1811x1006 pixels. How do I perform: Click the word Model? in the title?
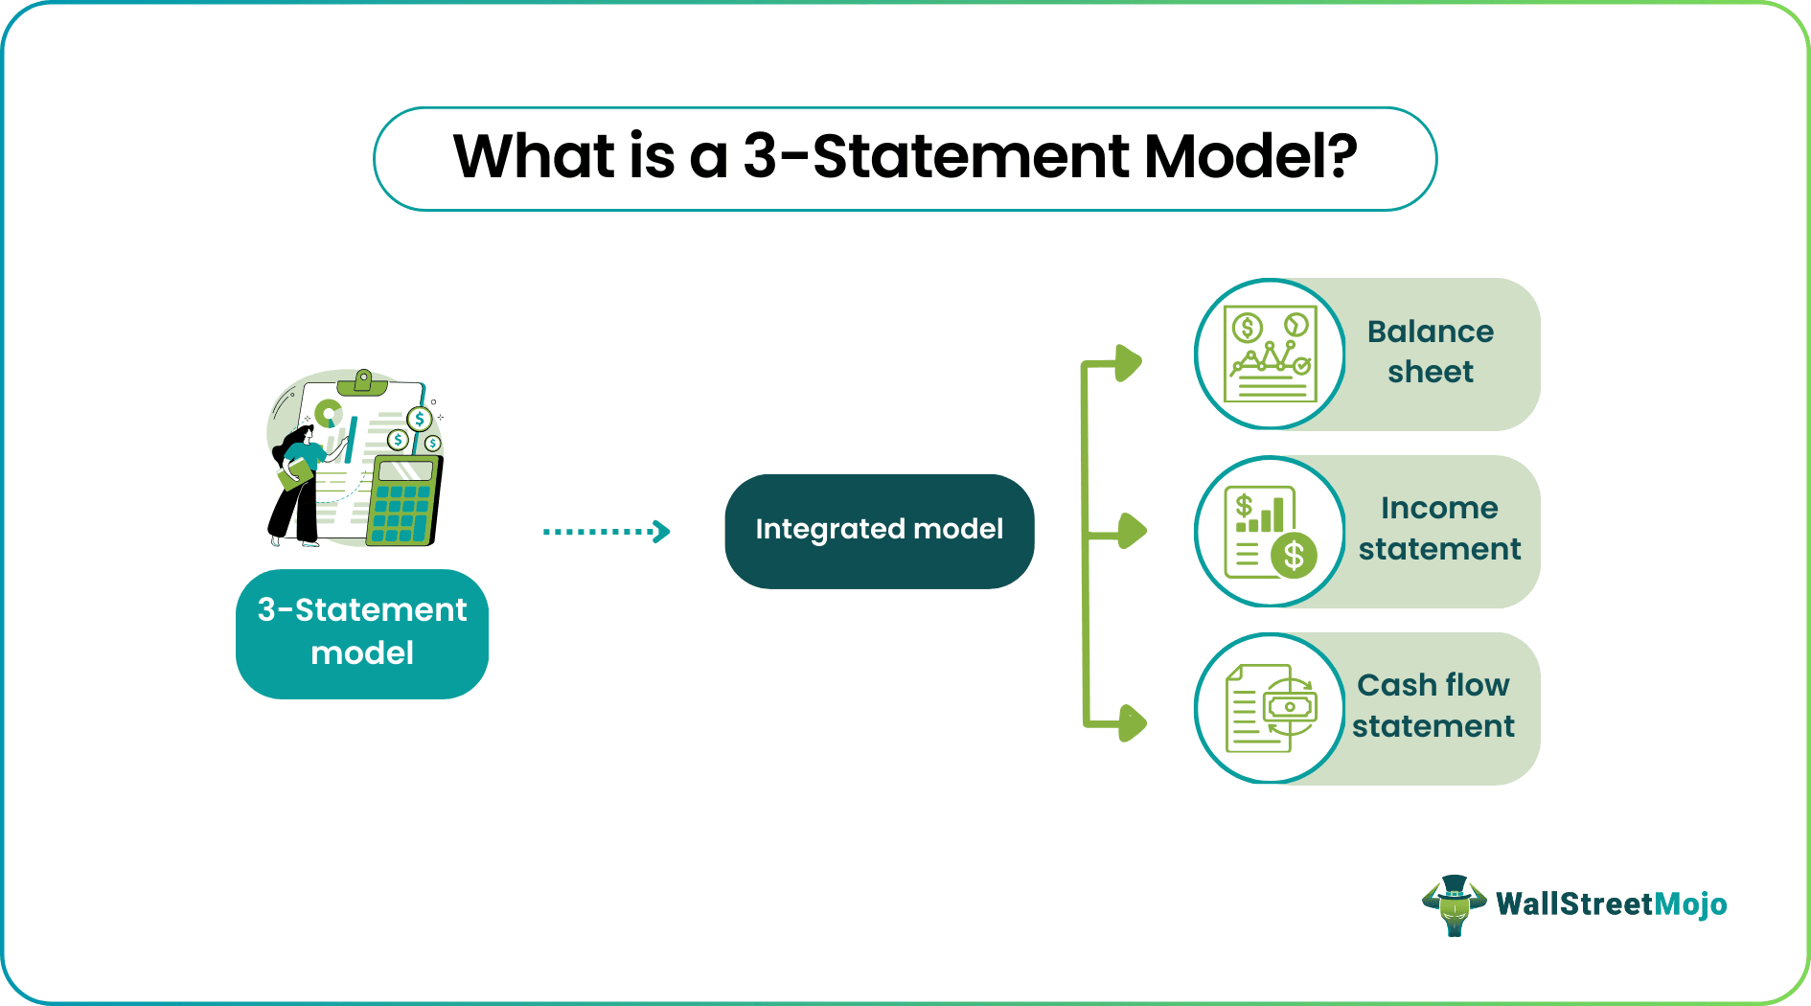(1250, 156)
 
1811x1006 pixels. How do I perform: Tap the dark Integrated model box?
(879, 531)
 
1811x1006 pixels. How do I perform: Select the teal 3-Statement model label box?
(362, 632)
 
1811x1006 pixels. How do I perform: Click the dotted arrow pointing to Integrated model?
(606, 531)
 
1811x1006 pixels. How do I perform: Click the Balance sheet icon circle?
(1270, 354)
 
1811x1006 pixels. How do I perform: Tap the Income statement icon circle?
(1270, 532)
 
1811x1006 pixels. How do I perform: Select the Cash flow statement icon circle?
(1270, 709)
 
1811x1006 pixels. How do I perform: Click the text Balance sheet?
(1430, 352)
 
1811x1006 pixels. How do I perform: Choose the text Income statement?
(1439, 529)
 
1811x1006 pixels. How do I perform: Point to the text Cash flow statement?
(1433, 706)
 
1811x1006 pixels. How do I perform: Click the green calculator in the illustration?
(404, 500)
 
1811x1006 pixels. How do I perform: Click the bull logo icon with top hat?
(1454, 904)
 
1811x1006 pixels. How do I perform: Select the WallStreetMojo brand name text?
(1611, 904)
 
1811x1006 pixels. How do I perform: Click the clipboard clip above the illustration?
(362, 382)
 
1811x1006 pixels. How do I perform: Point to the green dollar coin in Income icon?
(1294, 555)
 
